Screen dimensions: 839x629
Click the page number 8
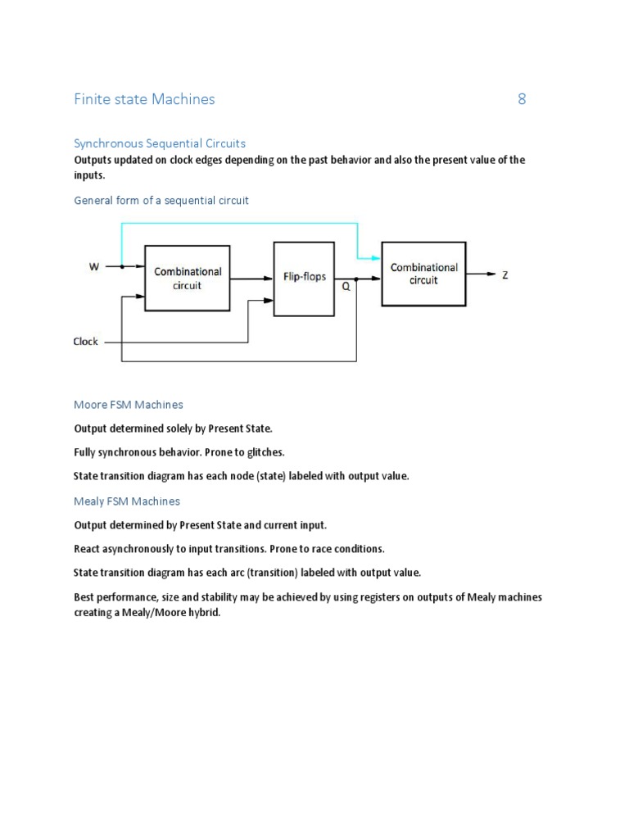[522, 100]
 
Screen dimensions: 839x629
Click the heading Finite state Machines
[144, 100]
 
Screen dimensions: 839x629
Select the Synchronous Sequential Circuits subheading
[160, 143]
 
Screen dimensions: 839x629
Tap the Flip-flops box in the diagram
[304, 278]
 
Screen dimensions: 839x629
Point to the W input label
[95, 266]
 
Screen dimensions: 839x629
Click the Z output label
[505, 275]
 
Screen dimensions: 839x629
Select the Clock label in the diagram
[86, 342]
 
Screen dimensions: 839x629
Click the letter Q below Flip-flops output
[346, 288]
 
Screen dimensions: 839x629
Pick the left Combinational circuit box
[187, 278]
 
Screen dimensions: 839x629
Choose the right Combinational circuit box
[423, 274]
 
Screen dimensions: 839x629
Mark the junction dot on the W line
[122, 266]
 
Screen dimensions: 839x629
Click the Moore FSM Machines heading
[129, 405]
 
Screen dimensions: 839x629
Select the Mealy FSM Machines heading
[127, 501]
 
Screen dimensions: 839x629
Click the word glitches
[264, 452]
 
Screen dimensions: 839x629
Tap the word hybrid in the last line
[205, 613]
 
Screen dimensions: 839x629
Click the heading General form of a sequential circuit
[161, 201]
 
